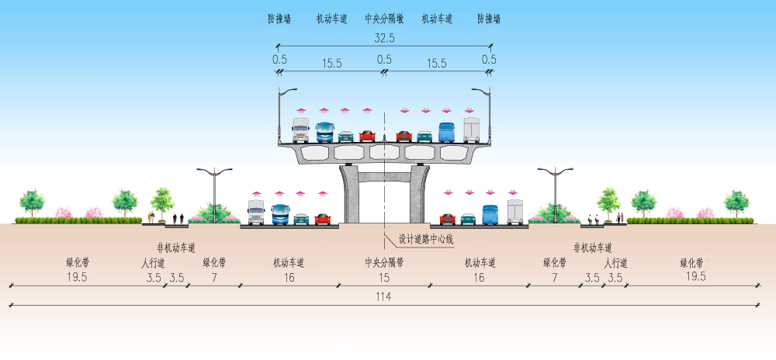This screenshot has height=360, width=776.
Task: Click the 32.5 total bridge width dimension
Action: (x=384, y=38)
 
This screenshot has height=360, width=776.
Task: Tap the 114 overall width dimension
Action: (x=383, y=296)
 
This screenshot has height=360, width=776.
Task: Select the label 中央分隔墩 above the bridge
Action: (x=384, y=19)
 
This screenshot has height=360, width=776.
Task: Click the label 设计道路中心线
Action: (x=426, y=240)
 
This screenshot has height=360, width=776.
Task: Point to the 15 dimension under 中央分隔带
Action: (x=384, y=278)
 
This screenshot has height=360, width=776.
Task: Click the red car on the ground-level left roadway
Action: (x=323, y=219)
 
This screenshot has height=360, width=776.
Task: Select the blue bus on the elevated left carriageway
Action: (x=324, y=132)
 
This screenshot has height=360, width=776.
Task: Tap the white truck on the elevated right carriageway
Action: (x=472, y=130)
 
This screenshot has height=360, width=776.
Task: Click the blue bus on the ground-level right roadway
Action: (x=490, y=215)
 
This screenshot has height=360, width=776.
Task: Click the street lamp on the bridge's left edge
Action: (x=283, y=116)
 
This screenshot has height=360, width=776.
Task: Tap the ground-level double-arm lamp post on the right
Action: (x=556, y=194)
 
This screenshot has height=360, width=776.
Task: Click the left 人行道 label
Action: (x=154, y=262)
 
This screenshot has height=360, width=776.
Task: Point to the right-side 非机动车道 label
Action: (x=593, y=247)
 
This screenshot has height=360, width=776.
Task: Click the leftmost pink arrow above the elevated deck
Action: (x=301, y=110)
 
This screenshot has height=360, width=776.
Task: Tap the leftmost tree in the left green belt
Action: (x=32, y=203)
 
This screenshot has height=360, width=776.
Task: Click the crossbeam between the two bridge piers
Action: (x=384, y=177)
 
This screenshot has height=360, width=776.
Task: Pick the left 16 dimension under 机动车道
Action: (x=289, y=278)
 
